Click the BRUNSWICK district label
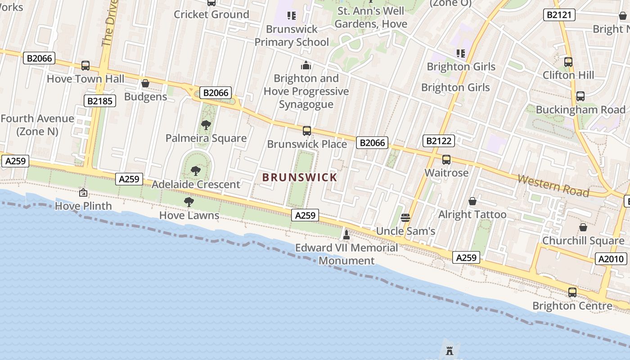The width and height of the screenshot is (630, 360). coord(300,177)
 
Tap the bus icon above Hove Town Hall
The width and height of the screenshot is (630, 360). coord(85,66)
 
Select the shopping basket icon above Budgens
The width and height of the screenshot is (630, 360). coord(145,84)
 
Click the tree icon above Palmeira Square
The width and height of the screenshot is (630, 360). coord(206,125)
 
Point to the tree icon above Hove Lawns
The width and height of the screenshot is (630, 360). coord(189,202)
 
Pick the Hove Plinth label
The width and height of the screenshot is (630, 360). coord(83,206)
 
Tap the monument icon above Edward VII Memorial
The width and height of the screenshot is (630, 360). coord(346,234)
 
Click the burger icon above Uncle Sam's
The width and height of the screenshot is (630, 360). coord(405,218)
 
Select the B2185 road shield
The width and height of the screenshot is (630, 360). coord(100,101)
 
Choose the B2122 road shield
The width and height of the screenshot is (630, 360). coord(439,141)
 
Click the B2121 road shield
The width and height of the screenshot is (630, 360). coord(559,15)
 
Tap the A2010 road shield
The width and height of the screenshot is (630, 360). coord(611,259)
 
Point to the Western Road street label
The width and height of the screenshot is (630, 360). coord(553,185)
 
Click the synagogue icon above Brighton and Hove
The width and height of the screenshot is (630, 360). coord(306,65)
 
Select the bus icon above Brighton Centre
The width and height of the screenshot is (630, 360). coord(572,292)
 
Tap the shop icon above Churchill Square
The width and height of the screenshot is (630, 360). coord(583,227)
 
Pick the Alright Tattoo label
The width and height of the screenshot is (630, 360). coord(472,215)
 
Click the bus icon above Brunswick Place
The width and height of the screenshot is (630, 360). coord(307,131)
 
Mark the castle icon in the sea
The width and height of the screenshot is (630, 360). coord(449,351)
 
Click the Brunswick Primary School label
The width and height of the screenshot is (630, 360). coord(292,36)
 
